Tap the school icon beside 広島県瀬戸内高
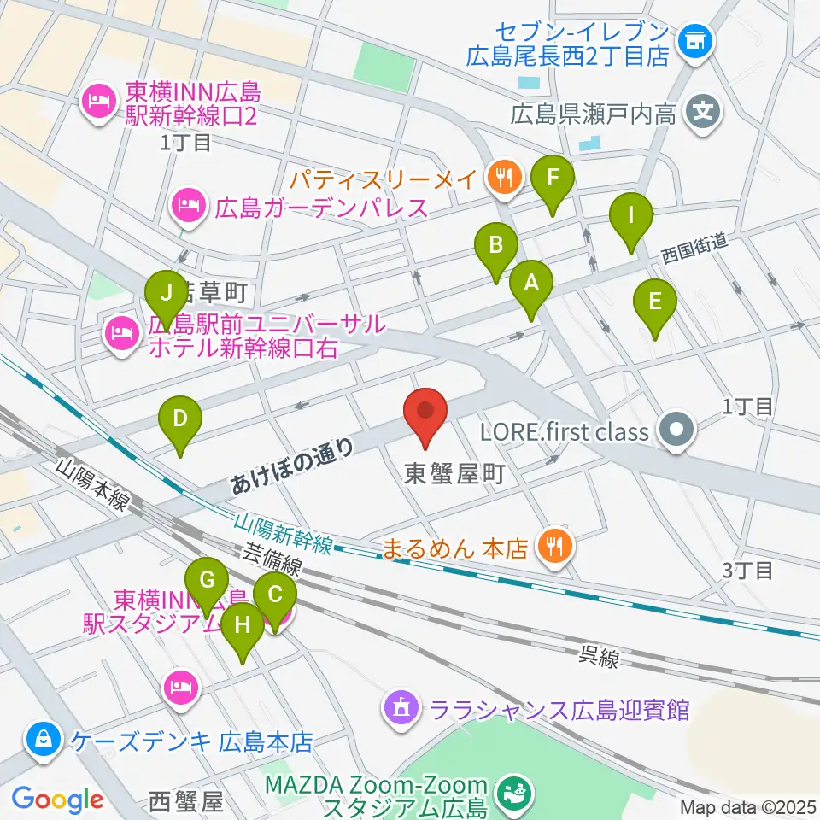(704, 111)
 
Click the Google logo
(57, 799)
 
